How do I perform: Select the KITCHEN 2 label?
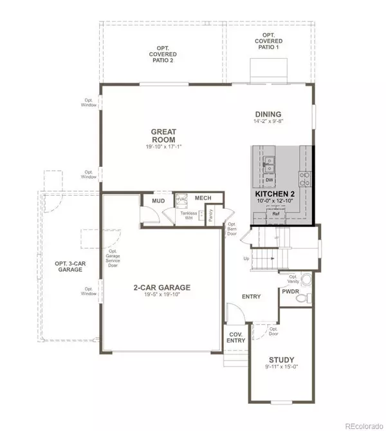point(277,193)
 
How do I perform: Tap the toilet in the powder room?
point(307,280)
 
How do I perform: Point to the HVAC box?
point(181,200)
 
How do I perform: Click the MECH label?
point(204,198)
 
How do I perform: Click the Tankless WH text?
point(188,215)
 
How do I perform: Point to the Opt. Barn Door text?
point(233,230)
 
